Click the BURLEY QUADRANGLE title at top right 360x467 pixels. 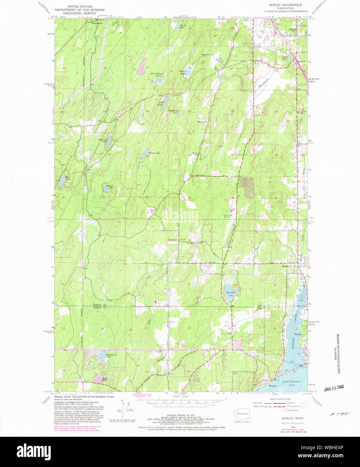coord(285,5)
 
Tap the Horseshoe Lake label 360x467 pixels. coord(232,293)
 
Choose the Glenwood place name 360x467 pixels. coord(173,240)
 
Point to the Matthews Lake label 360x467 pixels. coord(172,112)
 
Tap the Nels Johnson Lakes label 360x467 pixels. coord(157,75)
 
